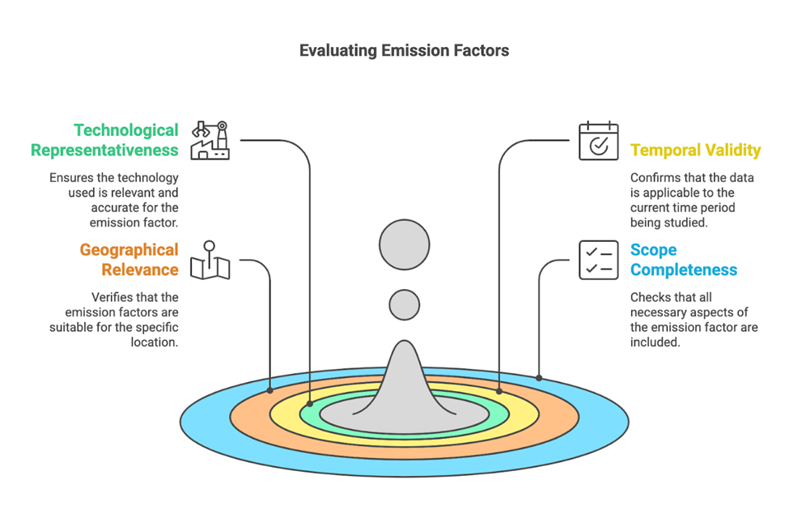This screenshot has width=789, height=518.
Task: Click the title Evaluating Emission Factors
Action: click(x=404, y=50)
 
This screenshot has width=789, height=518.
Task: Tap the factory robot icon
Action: click(x=210, y=140)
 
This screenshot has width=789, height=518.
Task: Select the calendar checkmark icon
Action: click(x=598, y=142)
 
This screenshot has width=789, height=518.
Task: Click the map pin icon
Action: click(x=210, y=261)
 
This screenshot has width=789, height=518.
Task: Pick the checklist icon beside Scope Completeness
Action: click(x=598, y=260)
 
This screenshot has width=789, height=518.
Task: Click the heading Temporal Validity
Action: click(x=695, y=150)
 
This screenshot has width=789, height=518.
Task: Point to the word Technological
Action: click(x=126, y=130)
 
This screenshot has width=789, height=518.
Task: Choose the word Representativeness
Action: click(x=104, y=150)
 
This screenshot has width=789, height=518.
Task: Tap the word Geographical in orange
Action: click(x=129, y=250)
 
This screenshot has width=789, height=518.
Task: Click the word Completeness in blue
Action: click(x=684, y=270)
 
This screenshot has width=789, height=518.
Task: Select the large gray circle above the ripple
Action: click(x=405, y=245)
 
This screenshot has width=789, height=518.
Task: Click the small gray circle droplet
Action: click(x=405, y=305)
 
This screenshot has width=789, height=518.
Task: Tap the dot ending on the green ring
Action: click(x=310, y=403)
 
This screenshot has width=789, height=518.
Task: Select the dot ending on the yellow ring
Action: click(x=499, y=391)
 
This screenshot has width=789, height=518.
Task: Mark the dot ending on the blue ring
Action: click(x=539, y=377)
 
